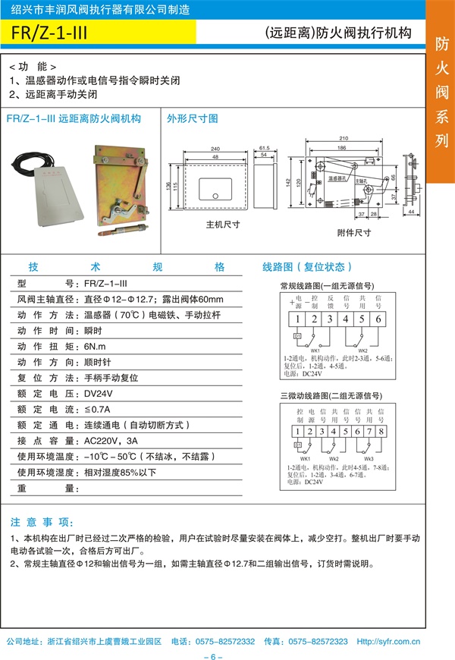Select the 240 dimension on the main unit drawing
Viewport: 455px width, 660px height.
pos(215,149)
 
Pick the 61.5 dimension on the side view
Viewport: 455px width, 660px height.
pos(265,149)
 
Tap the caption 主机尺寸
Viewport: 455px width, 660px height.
pos(223,225)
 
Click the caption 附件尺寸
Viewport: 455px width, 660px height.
pos(353,233)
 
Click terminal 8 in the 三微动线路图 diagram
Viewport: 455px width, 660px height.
pos(381,432)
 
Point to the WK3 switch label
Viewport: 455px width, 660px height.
pos(369,459)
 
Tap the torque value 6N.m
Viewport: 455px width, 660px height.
pos(95,344)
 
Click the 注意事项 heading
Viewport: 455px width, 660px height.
pos(42,523)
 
